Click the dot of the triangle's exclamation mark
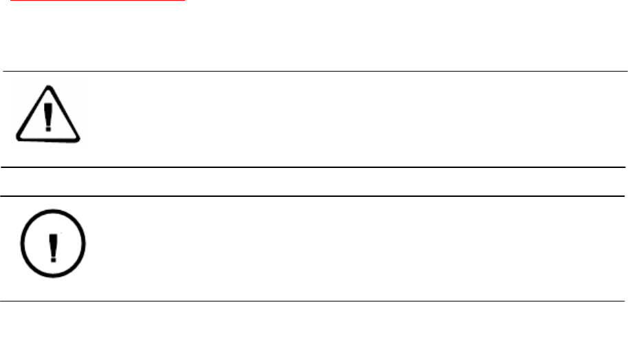tap(48, 128)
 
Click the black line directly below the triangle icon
tap(314, 167)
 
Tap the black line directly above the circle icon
tap(314, 196)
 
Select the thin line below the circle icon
tap(314, 301)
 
